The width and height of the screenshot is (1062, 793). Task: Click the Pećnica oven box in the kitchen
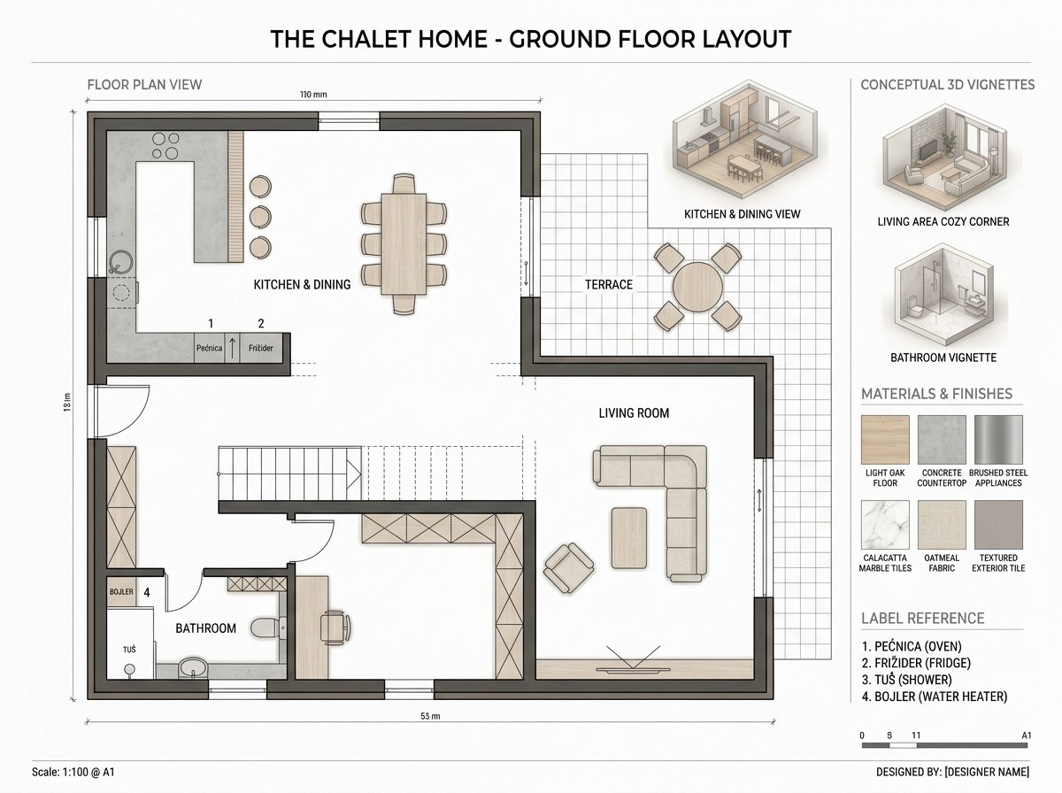210,348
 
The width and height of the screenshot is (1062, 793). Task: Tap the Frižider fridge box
261,348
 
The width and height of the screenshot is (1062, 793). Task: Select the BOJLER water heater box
121,592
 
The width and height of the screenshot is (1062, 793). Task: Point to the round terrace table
697,288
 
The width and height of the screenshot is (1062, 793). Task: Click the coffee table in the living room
629,537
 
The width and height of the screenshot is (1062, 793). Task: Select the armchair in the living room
568,568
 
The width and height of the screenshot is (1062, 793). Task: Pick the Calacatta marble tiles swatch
885,525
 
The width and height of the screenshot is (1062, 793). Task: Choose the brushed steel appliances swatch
998,439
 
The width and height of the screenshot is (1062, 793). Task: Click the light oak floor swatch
885,439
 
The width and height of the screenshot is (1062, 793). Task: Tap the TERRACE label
609,284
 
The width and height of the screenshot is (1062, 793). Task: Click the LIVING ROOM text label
634,413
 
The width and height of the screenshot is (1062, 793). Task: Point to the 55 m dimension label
430,716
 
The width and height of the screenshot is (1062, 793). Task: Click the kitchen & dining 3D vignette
744,140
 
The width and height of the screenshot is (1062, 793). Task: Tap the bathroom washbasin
193,667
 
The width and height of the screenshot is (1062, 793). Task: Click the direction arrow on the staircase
354,474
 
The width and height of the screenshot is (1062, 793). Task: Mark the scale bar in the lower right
944,745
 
